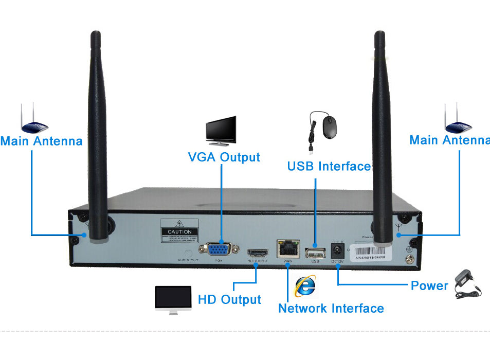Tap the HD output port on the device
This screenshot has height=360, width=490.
[258, 253]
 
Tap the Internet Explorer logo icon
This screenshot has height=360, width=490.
[305, 286]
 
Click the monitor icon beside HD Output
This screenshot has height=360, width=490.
[173, 299]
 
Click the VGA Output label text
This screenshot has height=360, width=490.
[224, 157]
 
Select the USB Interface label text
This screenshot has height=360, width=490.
[329, 166]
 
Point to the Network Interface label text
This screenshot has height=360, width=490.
[331, 308]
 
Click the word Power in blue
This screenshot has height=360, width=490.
[429, 285]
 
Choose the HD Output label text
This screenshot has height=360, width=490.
[229, 299]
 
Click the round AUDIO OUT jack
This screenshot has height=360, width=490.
[188, 253]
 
